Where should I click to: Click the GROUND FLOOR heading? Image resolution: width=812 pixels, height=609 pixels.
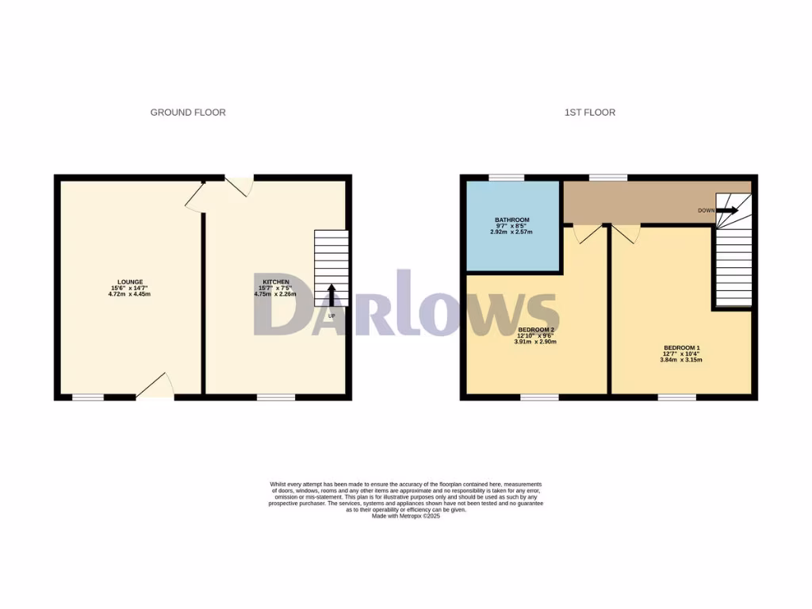click(x=188, y=113)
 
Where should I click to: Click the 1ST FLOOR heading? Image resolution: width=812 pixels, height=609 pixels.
click(x=589, y=113)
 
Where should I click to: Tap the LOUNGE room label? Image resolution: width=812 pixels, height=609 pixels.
click(x=130, y=282)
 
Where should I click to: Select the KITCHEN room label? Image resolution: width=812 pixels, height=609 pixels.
click(x=276, y=282)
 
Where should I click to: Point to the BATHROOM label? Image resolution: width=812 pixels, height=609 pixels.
click(x=511, y=220)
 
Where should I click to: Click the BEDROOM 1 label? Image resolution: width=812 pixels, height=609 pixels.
click(x=681, y=348)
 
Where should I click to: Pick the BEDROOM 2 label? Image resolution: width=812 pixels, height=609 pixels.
click(x=535, y=329)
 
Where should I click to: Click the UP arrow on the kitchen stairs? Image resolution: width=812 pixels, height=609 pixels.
click(x=331, y=295)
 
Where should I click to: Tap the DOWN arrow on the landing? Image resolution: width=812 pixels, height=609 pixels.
click(x=726, y=210)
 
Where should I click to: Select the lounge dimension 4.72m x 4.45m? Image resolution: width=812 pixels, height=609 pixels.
click(x=130, y=294)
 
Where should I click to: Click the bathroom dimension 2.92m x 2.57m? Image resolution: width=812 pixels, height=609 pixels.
click(x=511, y=232)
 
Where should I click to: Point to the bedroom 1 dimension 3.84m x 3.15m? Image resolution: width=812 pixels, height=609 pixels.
click(x=681, y=360)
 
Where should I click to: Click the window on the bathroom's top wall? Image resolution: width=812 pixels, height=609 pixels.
click(x=506, y=178)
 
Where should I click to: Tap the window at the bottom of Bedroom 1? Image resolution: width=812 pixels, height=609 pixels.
click(x=676, y=396)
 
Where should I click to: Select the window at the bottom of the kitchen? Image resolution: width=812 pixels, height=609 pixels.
click(x=276, y=396)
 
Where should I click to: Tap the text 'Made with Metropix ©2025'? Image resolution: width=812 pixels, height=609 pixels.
click(x=405, y=516)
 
